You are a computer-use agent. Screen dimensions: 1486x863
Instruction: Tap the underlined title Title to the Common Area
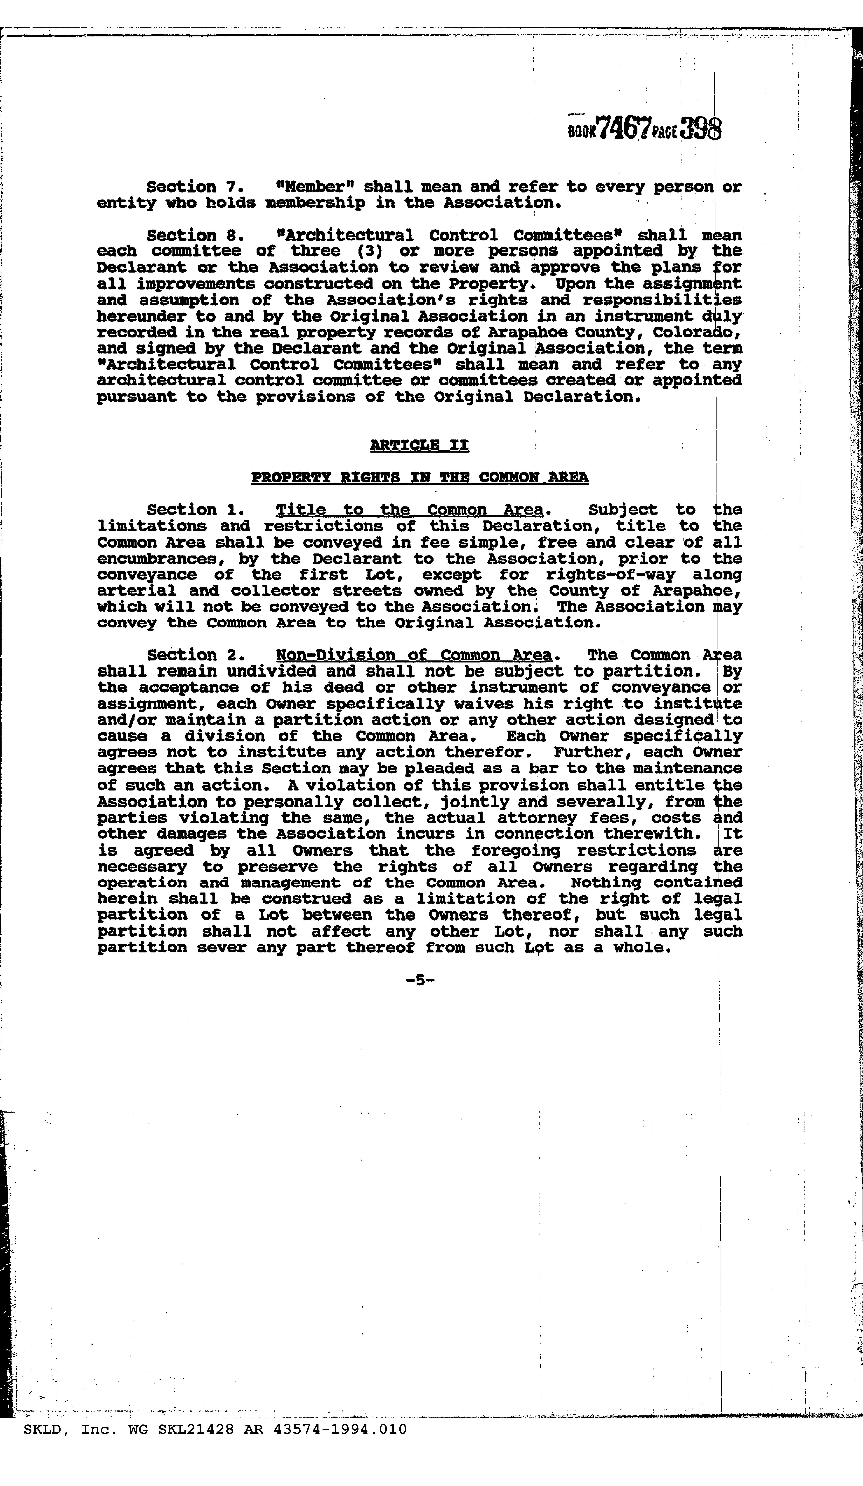click(409, 510)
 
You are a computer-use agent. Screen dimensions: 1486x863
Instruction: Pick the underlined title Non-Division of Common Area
click(414, 655)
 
